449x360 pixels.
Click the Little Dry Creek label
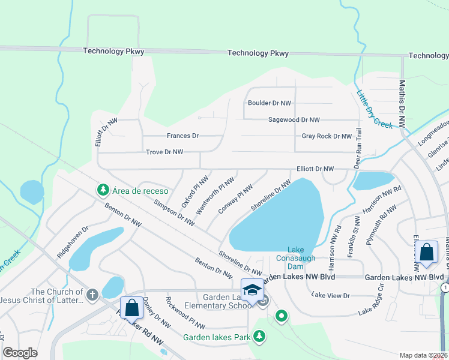(375, 109)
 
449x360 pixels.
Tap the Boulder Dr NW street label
(270, 103)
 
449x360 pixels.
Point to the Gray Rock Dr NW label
(327, 136)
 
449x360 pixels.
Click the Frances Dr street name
(182, 136)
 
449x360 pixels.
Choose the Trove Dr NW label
(164, 152)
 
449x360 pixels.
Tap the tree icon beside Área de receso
(103, 190)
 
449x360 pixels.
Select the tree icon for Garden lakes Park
(259, 337)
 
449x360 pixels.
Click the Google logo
(20, 353)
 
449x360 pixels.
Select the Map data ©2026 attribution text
(423, 355)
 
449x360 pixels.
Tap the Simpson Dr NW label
(174, 213)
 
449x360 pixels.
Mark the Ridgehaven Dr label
(73, 242)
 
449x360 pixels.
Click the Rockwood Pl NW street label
(185, 313)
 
